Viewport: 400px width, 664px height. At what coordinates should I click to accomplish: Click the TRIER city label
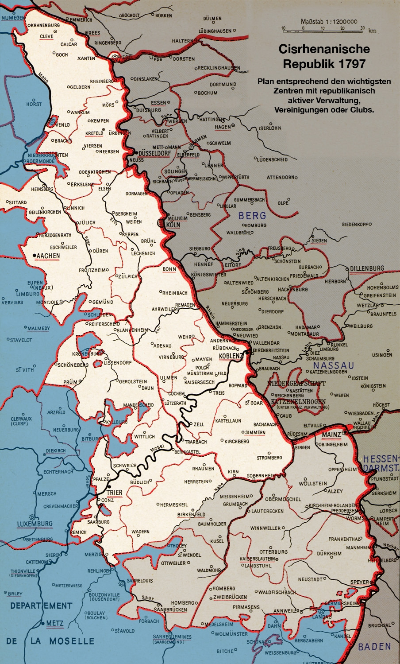tap(114, 493)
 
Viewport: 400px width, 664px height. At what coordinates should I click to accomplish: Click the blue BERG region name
tap(252, 216)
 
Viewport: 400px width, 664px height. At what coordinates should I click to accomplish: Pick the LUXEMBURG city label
tap(35, 524)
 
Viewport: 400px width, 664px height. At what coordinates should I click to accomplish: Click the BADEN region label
tap(374, 647)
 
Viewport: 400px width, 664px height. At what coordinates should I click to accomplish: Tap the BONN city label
tap(169, 269)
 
